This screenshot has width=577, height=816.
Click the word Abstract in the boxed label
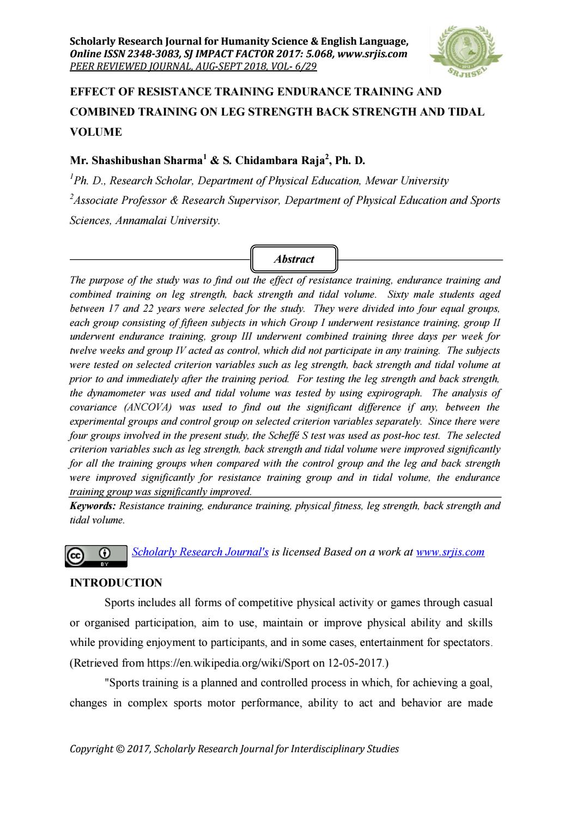(294, 259)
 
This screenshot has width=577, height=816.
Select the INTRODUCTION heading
(116, 583)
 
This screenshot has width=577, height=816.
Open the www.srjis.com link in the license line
(450, 552)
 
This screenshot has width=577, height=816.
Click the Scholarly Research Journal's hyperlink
(200, 552)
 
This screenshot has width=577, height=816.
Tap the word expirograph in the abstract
(395, 393)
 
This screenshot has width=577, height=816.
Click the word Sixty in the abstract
(398, 295)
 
